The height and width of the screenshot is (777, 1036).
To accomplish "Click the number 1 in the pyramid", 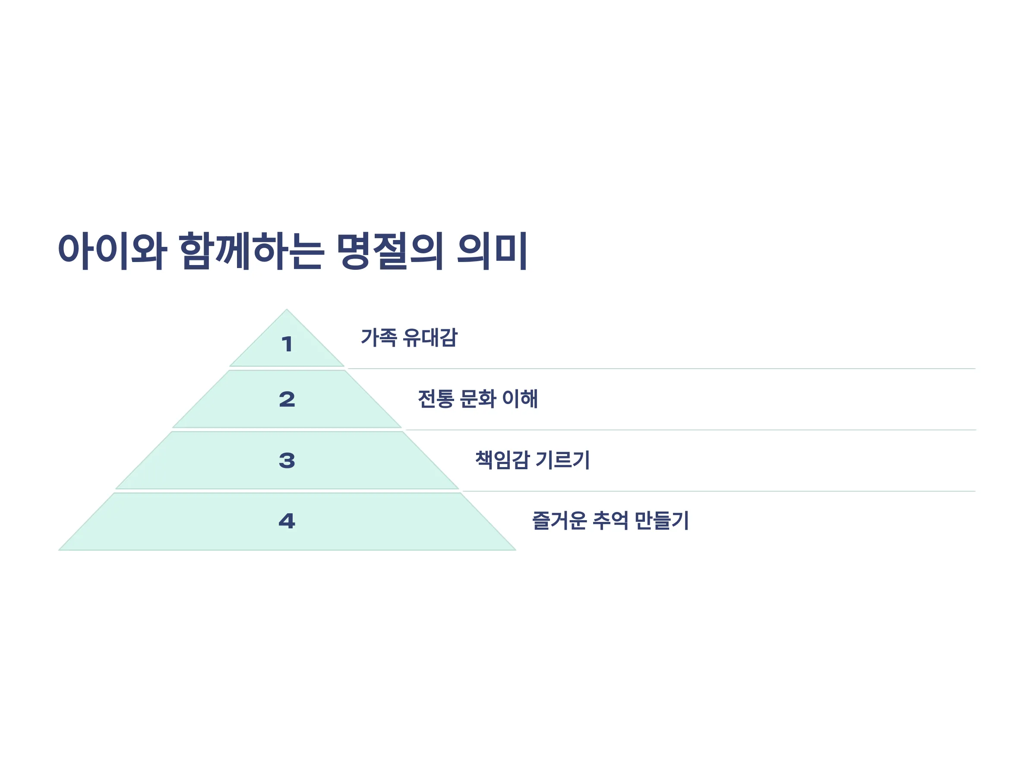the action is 287,344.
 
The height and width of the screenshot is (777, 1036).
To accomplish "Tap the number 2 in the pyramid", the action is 287,399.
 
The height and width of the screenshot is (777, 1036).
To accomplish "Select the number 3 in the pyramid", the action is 287,461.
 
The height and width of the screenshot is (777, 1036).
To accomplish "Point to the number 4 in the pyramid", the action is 287,521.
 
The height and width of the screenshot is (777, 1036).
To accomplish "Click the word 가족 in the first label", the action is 379,337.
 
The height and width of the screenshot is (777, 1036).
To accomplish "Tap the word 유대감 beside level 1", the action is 430,337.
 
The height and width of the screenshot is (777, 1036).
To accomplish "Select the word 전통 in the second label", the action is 436,398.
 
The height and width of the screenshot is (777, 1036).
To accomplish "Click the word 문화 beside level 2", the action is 478,398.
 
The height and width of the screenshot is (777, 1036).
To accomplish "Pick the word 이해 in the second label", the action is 520,398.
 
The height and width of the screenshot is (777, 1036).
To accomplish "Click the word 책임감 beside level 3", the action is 502,459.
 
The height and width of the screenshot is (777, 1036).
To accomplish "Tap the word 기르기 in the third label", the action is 562,459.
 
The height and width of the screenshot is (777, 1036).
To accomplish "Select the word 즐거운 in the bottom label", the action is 559,520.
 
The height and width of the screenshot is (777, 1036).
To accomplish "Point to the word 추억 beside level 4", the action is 610,520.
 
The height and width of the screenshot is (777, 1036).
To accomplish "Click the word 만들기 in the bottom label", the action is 661,520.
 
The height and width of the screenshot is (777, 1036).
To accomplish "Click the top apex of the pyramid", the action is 287,309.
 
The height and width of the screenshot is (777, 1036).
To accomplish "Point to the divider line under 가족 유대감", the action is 661,369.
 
